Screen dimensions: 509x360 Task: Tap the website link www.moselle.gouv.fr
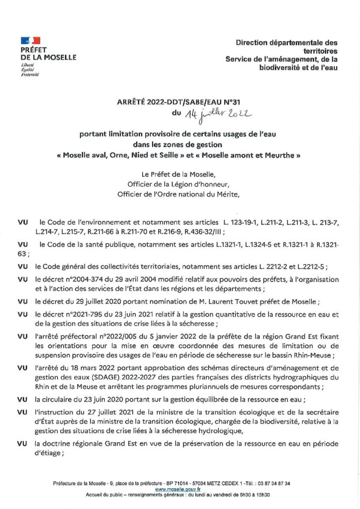[x=174, y=489]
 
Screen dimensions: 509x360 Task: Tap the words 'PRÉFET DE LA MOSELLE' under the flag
[x=48, y=54]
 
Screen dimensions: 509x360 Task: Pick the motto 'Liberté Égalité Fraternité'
[x=29, y=70]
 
